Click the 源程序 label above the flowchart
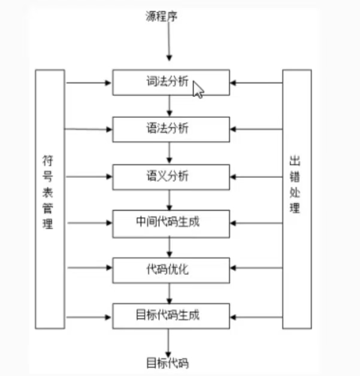pyautogui.click(x=161, y=16)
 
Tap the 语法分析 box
pyautogui.click(x=171, y=129)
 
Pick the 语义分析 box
pyautogui.click(x=171, y=176)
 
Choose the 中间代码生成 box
pyautogui.click(x=171, y=223)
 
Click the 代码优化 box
pyautogui.click(x=171, y=269)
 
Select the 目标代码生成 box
pyautogui.click(x=171, y=316)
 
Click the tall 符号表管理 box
pyautogui.click(x=50, y=199)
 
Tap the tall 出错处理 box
pyautogui.click(x=297, y=199)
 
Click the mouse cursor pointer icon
pyautogui.click(x=198, y=89)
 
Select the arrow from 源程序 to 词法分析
pyautogui.click(x=170, y=42)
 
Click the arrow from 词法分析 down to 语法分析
pyautogui.click(x=170, y=105)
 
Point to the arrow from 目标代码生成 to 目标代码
pyautogui.click(x=170, y=341)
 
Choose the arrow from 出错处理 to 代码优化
pyautogui.click(x=256, y=269)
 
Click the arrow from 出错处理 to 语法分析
pyautogui.click(x=256, y=129)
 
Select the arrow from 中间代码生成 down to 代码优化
pyautogui.click(x=170, y=246)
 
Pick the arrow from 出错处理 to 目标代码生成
pyautogui.click(x=256, y=316)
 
